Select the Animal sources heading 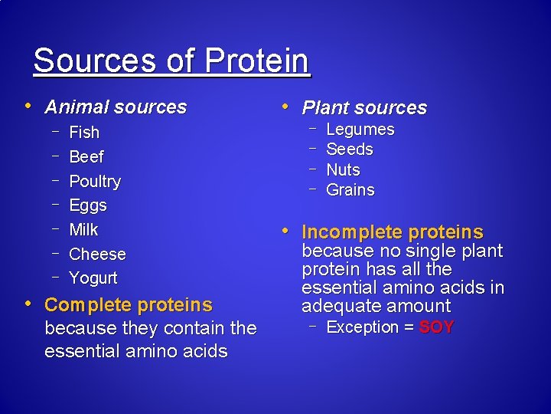tap(116, 107)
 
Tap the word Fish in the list tap(84, 133)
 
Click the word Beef tap(86, 157)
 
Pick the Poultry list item tap(95, 182)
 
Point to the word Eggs tap(88, 205)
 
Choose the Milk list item tap(83, 230)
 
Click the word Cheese tap(97, 254)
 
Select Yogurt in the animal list tap(93, 278)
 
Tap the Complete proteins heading tap(128, 305)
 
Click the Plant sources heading tap(364, 108)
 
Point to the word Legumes tap(360, 130)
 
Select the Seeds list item tap(349, 149)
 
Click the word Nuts tap(343, 170)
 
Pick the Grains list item tap(350, 190)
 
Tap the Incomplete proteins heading tap(393, 232)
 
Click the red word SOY tap(437, 327)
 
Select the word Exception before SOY tap(363, 327)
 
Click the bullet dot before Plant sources tap(285, 106)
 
